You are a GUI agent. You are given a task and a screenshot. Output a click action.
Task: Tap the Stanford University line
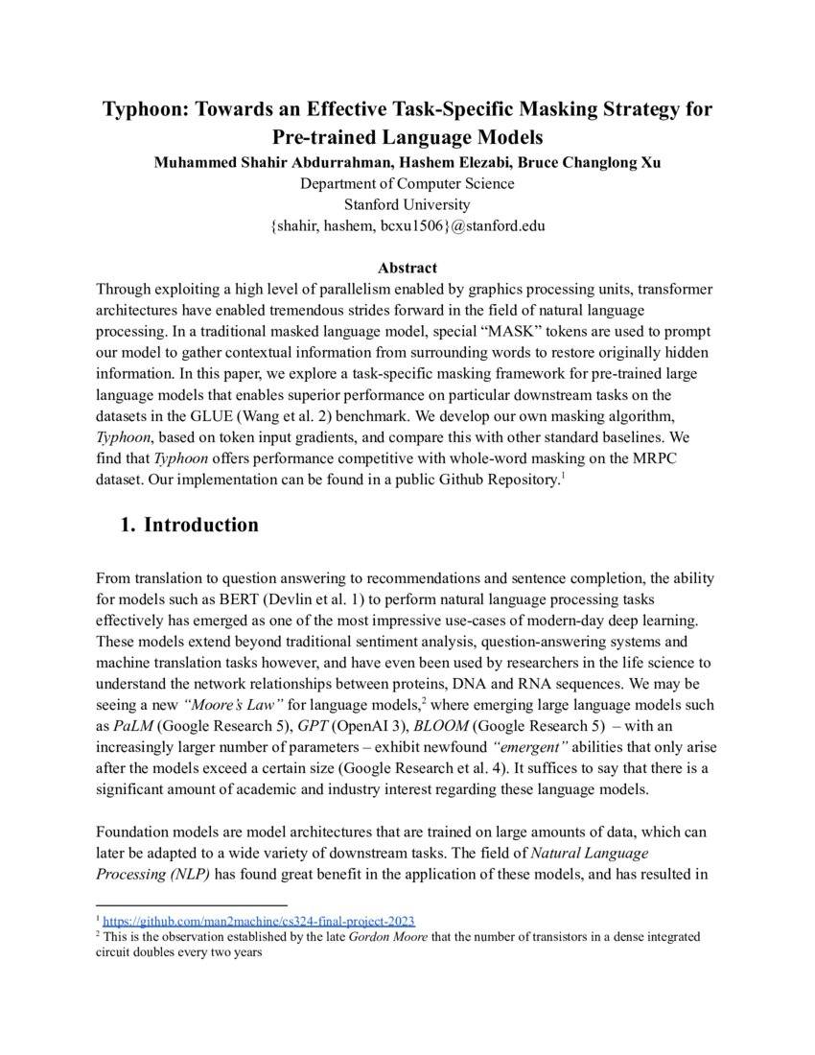pos(407,203)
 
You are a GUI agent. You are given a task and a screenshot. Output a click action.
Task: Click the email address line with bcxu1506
pos(407,225)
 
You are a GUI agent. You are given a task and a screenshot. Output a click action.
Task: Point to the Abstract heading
pos(407,268)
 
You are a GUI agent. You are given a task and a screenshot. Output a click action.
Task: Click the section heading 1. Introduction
pos(189,525)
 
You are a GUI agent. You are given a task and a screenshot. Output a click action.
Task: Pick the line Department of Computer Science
pos(407,183)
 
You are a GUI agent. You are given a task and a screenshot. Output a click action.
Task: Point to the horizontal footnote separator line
pos(192,903)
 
